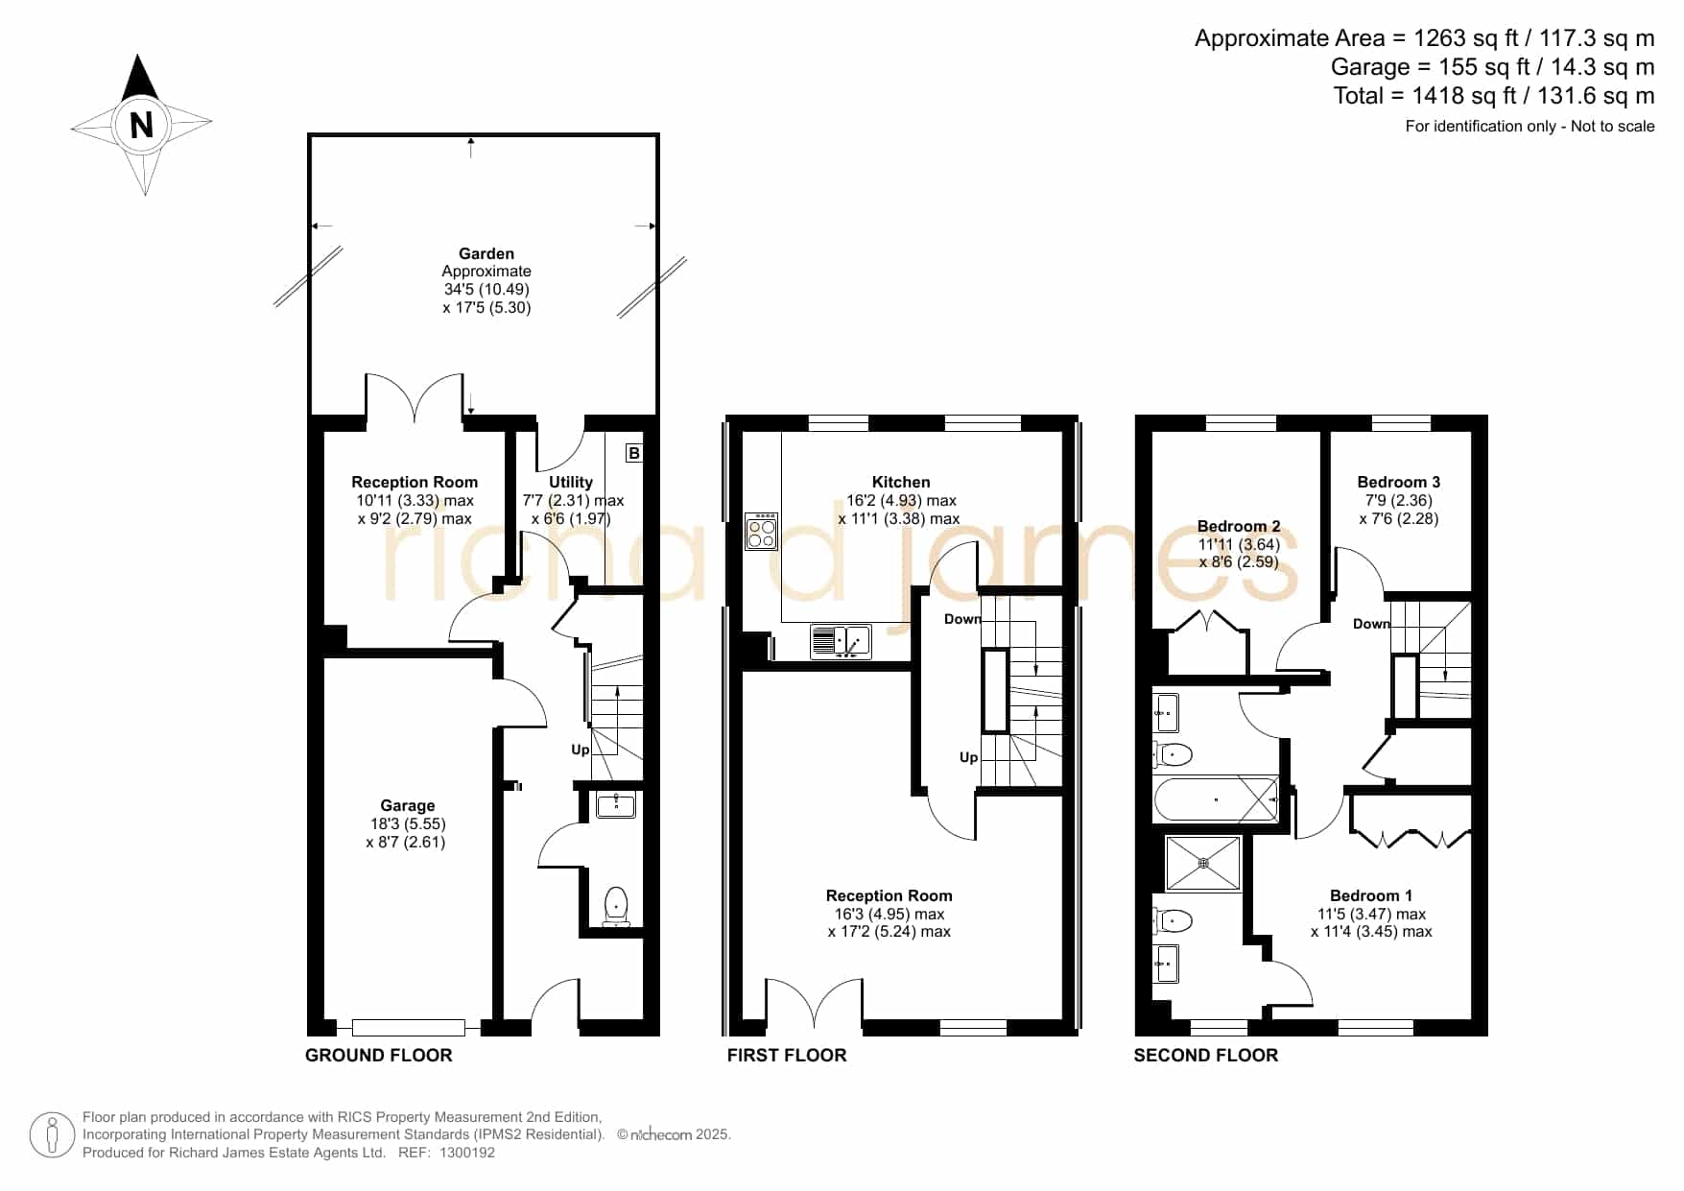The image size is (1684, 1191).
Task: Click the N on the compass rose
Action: [141, 125]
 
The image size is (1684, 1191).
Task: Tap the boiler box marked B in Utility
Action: [633, 453]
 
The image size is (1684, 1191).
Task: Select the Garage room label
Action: [407, 805]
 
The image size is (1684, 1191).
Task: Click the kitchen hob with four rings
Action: [762, 532]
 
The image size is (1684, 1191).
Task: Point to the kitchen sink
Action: [841, 641]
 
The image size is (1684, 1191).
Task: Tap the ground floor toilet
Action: [616, 906]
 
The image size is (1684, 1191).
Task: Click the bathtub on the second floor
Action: [1217, 799]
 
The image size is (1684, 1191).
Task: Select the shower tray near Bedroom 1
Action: [1203, 863]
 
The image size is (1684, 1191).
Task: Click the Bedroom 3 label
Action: [1398, 482]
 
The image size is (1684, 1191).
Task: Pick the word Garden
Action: [486, 253]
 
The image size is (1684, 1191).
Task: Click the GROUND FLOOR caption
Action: [378, 1056]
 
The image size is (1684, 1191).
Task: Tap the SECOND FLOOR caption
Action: [1206, 1056]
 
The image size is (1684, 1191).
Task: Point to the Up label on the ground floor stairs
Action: [581, 750]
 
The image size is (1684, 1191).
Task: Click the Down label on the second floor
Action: [1371, 624]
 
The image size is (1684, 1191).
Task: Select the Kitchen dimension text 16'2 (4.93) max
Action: [901, 500]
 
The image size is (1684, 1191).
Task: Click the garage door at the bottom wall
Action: [409, 1028]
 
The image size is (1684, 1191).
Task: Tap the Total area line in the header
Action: [1494, 96]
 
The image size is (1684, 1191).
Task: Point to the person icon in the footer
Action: [52, 1135]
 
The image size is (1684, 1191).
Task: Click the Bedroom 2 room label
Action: [1239, 526]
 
